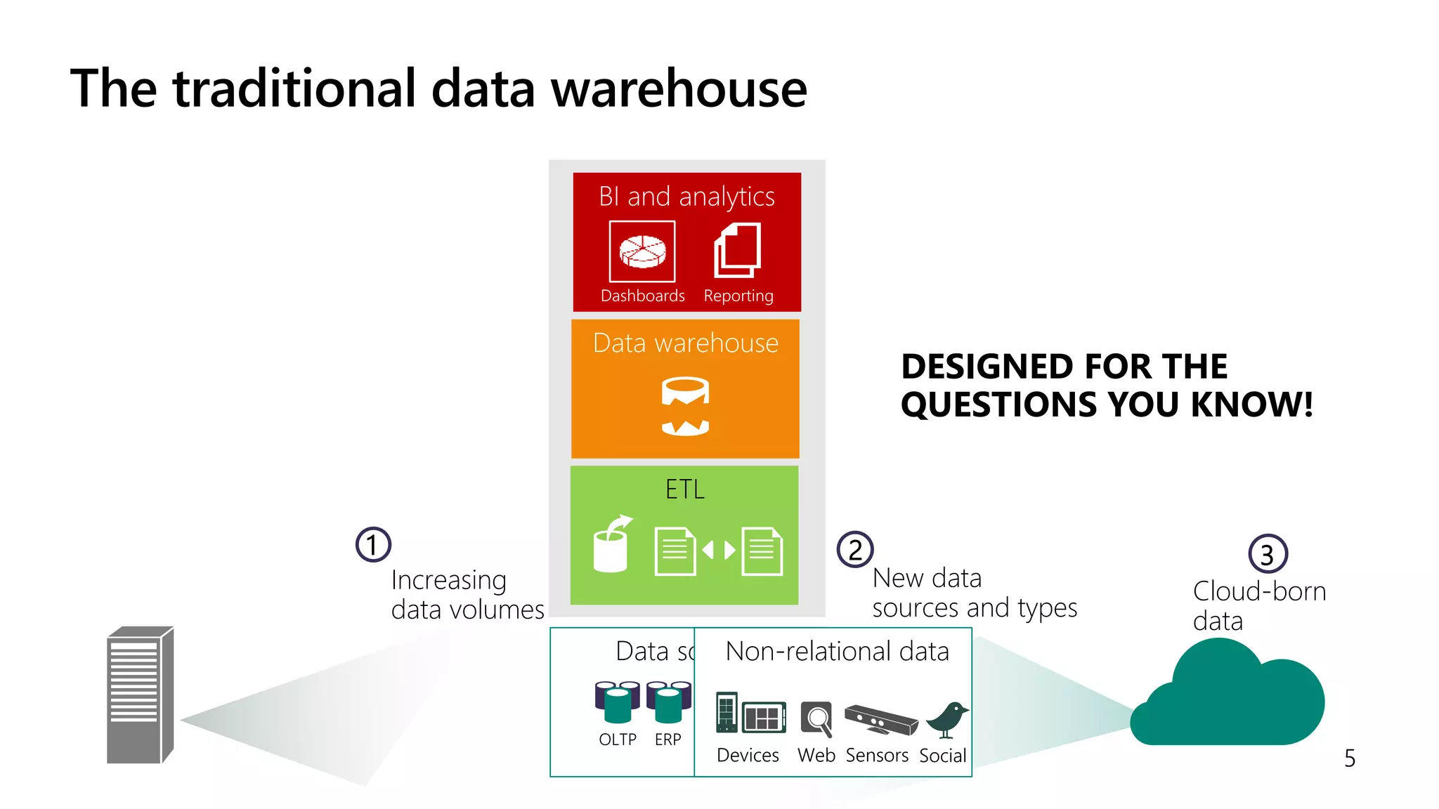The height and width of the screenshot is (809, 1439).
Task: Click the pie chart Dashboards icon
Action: tap(642, 251)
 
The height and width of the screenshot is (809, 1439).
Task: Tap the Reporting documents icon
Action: tap(738, 251)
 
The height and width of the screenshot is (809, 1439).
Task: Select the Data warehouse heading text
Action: tap(685, 343)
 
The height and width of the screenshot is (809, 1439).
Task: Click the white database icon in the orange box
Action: tap(685, 407)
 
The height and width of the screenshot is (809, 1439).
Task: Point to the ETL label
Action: tap(684, 489)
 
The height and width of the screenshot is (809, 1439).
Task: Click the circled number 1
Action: tap(373, 545)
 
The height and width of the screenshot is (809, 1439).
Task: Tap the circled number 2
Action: tap(854, 550)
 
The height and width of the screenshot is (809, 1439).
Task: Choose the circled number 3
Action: tap(1268, 554)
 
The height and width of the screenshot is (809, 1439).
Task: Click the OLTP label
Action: tap(618, 739)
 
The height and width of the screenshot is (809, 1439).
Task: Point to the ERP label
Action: tap(668, 739)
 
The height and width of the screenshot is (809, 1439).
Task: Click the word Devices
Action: tap(748, 756)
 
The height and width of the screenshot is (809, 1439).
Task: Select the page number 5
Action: tap(1350, 758)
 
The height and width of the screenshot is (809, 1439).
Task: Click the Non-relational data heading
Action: tap(837, 652)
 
